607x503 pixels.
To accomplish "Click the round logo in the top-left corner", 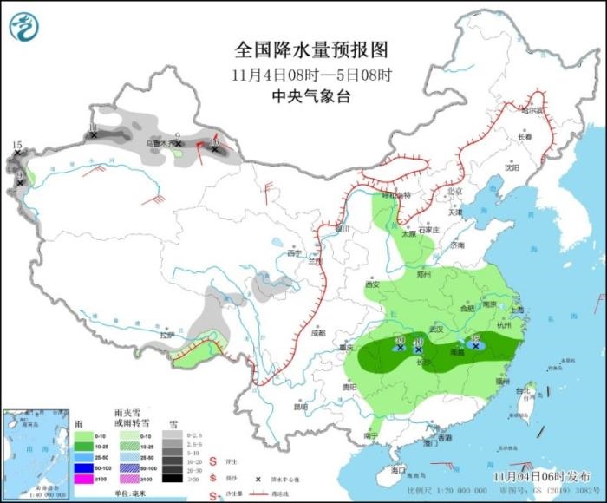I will [x=24, y=26].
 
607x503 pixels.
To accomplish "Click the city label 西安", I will [x=373, y=284].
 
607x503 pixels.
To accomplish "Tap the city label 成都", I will [x=317, y=332].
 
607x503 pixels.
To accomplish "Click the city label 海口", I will [x=398, y=469].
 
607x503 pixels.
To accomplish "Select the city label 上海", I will [x=519, y=310].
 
